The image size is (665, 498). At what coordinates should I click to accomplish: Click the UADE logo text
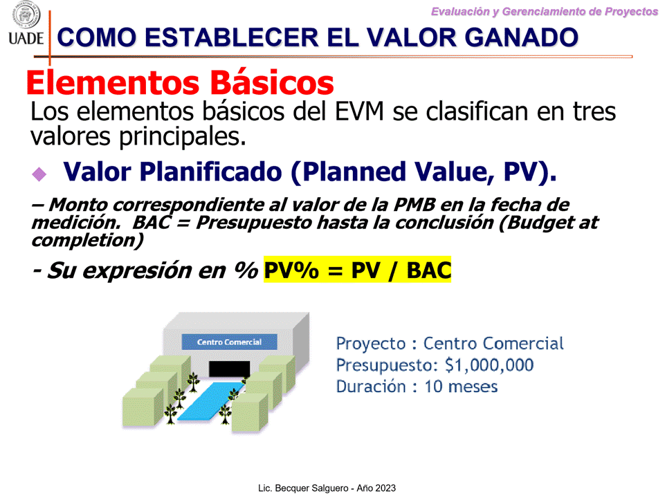click(x=26, y=38)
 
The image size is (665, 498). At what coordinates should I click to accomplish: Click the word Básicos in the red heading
click(x=272, y=82)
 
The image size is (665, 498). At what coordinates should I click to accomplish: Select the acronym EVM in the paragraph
click(x=359, y=112)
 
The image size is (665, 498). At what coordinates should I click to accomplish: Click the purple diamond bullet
click(x=39, y=174)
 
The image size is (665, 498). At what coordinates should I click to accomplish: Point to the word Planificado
click(x=210, y=172)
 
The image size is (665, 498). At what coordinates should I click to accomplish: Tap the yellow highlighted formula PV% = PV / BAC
click(x=357, y=270)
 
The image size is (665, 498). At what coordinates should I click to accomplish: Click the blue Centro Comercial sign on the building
click(x=230, y=342)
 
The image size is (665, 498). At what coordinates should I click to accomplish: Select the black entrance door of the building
click(x=230, y=369)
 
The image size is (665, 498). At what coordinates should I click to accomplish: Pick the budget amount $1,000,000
click(x=489, y=365)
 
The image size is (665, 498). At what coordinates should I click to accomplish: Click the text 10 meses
click(x=461, y=387)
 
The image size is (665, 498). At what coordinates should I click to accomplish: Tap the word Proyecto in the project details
click(x=371, y=344)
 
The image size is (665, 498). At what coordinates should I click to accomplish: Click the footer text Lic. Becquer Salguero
click(x=304, y=488)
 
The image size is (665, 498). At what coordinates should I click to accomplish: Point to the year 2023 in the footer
click(x=386, y=488)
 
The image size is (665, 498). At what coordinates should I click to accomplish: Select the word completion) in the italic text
click(x=87, y=241)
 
